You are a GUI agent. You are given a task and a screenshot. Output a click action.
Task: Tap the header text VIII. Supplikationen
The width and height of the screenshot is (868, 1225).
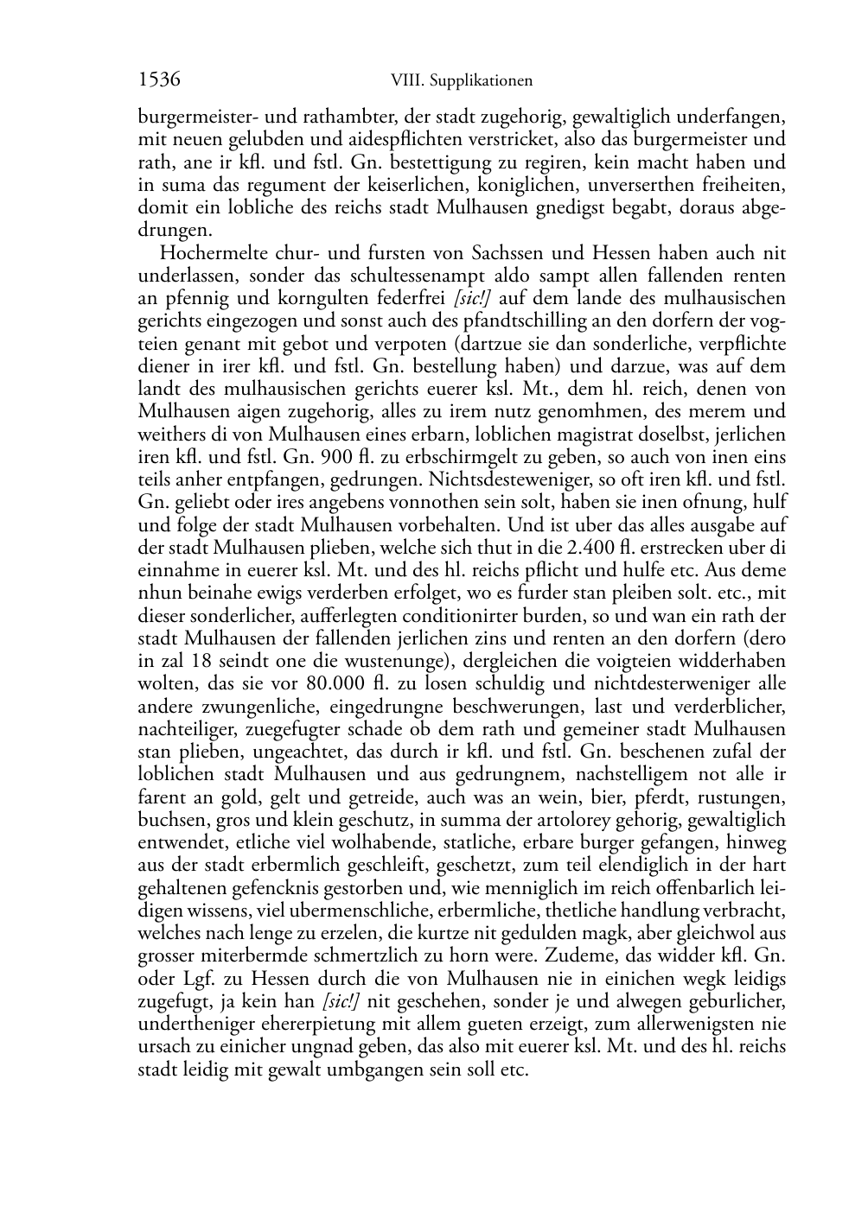pos(461,80)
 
